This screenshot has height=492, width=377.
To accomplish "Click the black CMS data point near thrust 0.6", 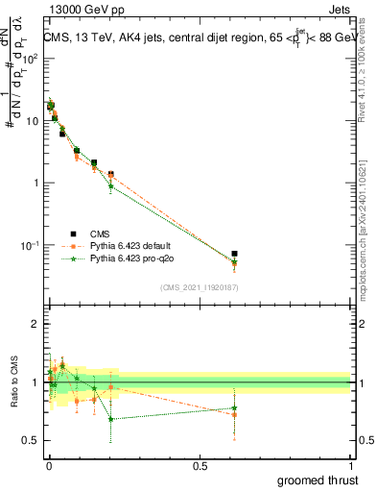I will click(x=234, y=254).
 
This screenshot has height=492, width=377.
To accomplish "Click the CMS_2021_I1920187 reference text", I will click(x=199, y=286).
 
